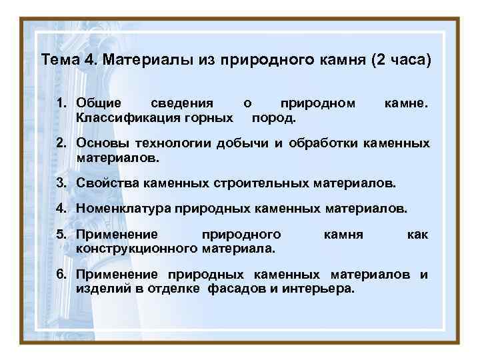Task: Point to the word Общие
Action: pos(99,103)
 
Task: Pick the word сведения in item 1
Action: pos(182,103)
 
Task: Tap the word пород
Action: pos(273,118)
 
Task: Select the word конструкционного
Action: pos(136,248)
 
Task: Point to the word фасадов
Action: pos(234,289)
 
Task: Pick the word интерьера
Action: pos(321,289)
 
